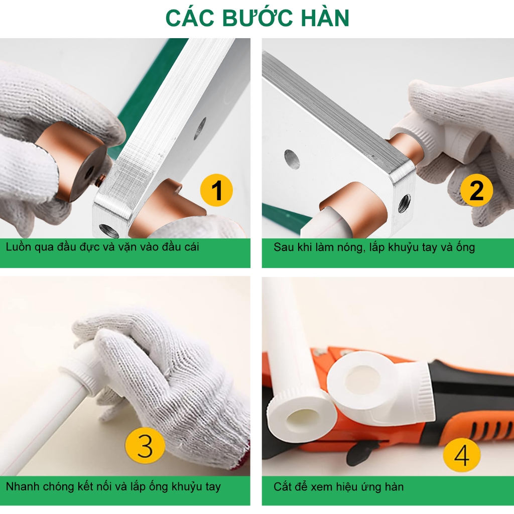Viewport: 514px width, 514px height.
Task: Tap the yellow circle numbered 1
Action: click(216, 190)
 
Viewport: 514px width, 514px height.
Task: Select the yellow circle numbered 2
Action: click(476, 190)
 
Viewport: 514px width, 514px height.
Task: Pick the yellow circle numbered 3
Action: click(145, 446)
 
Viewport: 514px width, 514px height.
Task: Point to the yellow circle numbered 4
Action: click(462, 455)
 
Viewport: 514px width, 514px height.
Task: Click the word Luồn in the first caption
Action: click(18, 246)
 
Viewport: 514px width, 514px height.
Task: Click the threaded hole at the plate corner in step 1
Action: click(108, 230)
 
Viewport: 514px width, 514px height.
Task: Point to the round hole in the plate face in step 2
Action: click(292, 159)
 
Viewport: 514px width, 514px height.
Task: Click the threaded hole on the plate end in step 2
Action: click(404, 203)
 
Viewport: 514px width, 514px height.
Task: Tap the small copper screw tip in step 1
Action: click(101, 180)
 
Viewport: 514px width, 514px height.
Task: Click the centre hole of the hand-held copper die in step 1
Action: click(89, 173)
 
